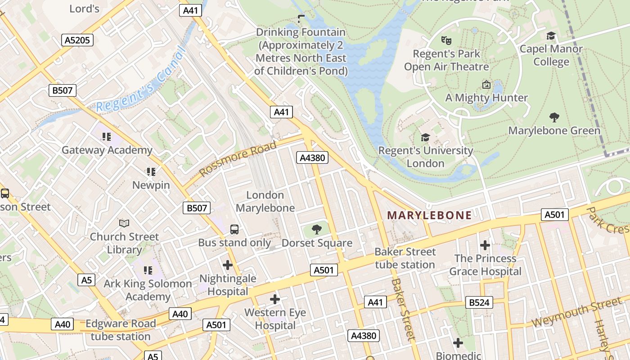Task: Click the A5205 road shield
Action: pyautogui.click(x=77, y=40)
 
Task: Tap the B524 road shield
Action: pyautogui.click(x=479, y=302)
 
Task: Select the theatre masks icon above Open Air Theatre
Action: pyautogui.click(x=446, y=40)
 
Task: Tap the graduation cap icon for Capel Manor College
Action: pyautogui.click(x=551, y=36)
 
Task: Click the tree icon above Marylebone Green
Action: pyautogui.click(x=554, y=117)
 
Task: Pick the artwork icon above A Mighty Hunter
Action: pyautogui.click(x=486, y=85)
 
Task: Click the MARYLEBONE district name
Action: pyautogui.click(x=429, y=216)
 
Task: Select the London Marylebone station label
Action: pyautogui.click(x=265, y=201)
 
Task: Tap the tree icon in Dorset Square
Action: pyautogui.click(x=317, y=229)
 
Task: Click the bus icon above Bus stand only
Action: pyautogui.click(x=234, y=229)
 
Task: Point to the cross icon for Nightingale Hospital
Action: pyautogui.click(x=228, y=265)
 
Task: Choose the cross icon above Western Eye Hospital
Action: pyautogui.click(x=275, y=299)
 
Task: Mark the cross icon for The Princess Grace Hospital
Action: pyautogui.click(x=485, y=245)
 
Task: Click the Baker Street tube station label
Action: pyautogui.click(x=405, y=258)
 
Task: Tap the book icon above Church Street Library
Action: pyautogui.click(x=124, y=223)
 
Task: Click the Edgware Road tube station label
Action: pyautogui.click(x=121, y=330)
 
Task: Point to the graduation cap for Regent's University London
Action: pyautogui.click(x=425, y=137)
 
